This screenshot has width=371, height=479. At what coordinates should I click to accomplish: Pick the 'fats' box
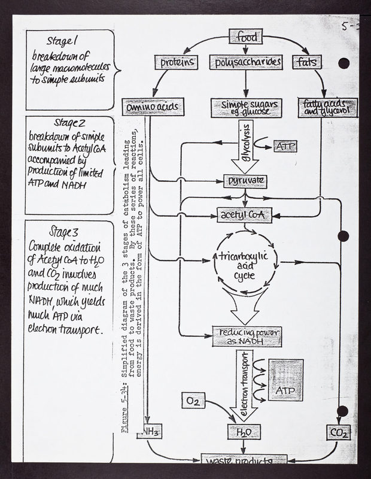point(306,62)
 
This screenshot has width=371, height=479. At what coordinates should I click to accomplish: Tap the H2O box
point(245,431)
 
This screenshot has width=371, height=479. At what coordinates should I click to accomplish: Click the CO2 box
point(337,431)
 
